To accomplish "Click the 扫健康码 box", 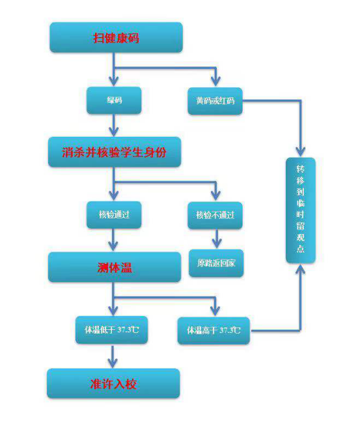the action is pos(116,37).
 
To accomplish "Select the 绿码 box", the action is pos(114,100).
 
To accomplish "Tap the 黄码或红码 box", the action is pos(215,101).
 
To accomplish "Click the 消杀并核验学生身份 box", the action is pos(115,152).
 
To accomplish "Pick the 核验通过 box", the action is pos(114,215).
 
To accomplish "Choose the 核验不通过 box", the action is pos(215,215).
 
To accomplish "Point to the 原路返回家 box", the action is pos(216,263).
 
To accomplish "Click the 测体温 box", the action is pos(115,267).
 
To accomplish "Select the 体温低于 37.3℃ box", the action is pos(111,330).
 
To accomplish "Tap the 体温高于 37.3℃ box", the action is pos(214,330).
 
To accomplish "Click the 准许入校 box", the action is pos(113,383).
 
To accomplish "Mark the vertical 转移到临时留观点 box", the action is pos(301,210).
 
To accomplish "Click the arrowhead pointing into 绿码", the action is pos(114,81).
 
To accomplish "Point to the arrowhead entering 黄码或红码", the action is pos(215,81).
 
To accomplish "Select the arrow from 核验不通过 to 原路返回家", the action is pos(217,239).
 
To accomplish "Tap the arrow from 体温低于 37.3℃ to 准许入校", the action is pos(113,356).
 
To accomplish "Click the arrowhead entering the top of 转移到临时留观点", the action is pos(301,152).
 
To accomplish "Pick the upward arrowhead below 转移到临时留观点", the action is pos(301,269).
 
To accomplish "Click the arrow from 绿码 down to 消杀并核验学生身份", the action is pos(114,125).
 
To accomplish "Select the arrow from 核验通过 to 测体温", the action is pos(113,240).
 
